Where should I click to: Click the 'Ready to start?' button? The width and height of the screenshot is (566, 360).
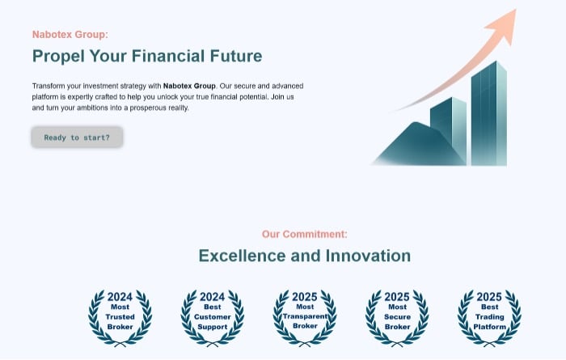coord(77,138)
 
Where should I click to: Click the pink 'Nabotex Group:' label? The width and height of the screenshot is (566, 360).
coord(70,35)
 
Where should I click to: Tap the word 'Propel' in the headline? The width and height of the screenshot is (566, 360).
coord(58,57)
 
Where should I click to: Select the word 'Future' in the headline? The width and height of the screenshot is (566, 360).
coord(236,56)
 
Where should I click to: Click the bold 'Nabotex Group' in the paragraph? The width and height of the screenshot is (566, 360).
coord(189,86)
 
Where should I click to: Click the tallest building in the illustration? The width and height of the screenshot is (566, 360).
coord(488,114)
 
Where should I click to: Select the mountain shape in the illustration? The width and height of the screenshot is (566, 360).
coord(419,145)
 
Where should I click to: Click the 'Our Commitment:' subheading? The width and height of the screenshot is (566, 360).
coord(304,235)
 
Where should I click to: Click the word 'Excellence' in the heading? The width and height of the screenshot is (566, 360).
coord(243,256)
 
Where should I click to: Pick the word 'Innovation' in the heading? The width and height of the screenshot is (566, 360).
coord(368,256)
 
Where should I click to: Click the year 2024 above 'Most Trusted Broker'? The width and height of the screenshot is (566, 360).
coord(120,297)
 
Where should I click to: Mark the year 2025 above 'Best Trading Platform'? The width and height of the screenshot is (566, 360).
coord(489,297)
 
